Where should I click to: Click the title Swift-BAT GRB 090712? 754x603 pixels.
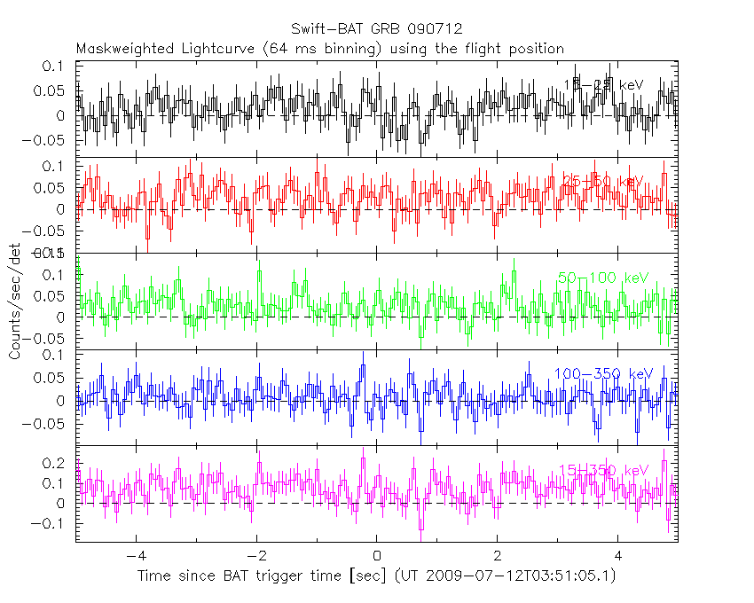point(376,28)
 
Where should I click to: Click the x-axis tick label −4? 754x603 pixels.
point(135,557)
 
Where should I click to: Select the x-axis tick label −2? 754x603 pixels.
point(255,557)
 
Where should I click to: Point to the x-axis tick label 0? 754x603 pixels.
point(377,557)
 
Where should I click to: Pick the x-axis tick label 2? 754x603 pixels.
point(498,557)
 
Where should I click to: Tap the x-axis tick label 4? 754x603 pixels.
point(618,557)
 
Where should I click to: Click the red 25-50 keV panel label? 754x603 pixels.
point(602,182)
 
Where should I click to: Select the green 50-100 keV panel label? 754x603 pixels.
point(603,278)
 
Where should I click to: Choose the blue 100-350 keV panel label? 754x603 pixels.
point(603,373)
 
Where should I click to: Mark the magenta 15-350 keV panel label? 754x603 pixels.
point(603,469)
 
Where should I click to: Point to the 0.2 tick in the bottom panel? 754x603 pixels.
point(55,464)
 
